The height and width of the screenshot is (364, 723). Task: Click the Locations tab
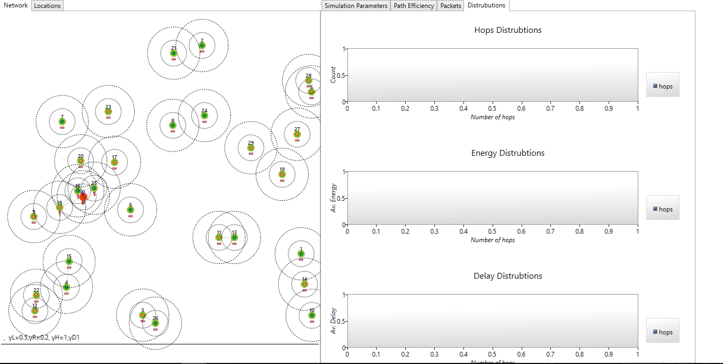tap(48, 6)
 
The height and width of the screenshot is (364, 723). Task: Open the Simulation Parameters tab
tap(355, 6)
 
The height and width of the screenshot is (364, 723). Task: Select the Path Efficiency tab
tap(414, 6)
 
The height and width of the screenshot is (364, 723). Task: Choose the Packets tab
tap(451, 6)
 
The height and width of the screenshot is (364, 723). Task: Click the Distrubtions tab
tap(487, 5)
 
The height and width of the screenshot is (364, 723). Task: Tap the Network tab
tap(16, 5)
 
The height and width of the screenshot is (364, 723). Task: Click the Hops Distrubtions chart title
tap(507, 30)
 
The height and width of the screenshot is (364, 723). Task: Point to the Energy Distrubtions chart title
tap(507, 153)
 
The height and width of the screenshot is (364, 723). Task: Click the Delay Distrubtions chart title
tap(507, 276)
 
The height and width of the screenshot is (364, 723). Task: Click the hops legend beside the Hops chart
tap(663, 86)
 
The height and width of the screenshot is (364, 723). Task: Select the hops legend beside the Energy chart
tap(663, 209)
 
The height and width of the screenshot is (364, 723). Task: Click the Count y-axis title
tap(333, 74)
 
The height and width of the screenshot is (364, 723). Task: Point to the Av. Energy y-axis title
tap(334, 198)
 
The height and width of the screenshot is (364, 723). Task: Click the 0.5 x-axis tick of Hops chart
tap(492, 108)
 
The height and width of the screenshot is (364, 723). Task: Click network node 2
tap(202, 46)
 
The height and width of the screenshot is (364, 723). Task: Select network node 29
tap(251, 148)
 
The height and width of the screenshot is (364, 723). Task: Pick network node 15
tap(69, 261)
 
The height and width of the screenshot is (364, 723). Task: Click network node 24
tap(204, 116)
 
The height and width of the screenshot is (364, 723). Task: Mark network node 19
tap(282, 174)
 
